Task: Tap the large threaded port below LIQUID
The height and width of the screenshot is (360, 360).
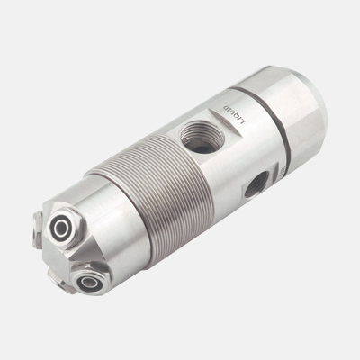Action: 194,138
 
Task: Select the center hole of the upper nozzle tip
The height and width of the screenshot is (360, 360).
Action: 63,229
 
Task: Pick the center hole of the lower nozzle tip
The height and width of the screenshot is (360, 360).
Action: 91,282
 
